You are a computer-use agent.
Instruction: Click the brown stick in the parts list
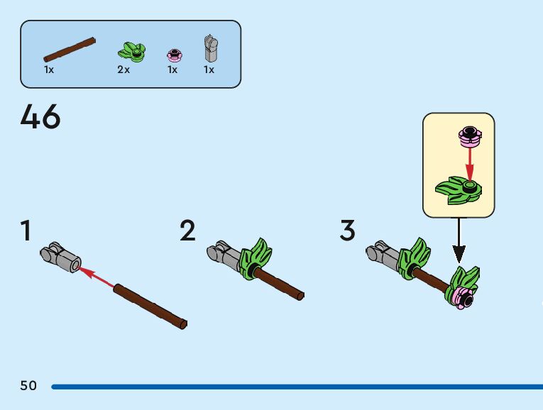[70, 50]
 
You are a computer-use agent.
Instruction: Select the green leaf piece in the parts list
[131, 50]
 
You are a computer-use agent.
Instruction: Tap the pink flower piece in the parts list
[172, 54]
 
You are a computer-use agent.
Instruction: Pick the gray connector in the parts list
[209, 49]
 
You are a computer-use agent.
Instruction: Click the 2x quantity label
[124, 70]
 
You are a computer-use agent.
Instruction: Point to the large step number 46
[40, 117]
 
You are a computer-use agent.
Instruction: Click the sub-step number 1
[26, 231]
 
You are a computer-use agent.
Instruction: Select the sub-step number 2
[187, 231]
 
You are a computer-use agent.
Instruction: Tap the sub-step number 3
[347, 231]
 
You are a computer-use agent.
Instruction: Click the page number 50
[28, 386]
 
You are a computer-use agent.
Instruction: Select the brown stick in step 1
[150, 306]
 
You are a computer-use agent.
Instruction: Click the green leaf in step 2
[256, 260]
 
